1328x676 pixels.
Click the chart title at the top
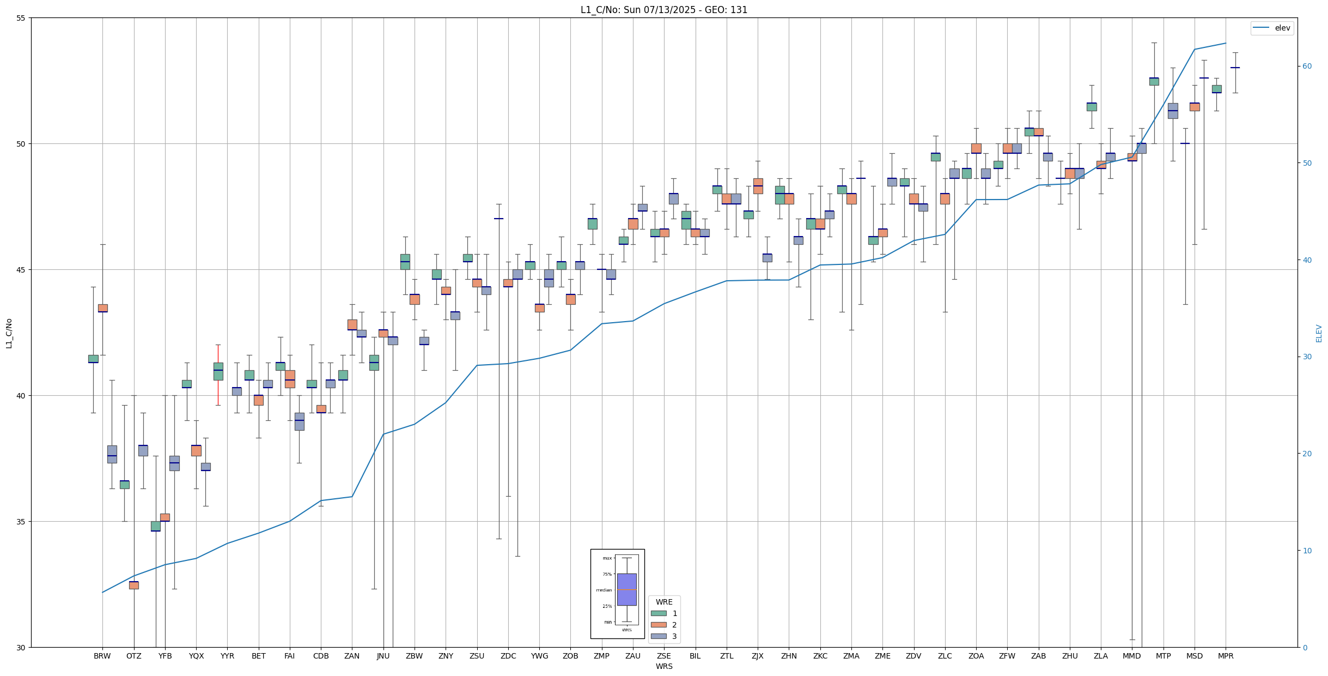[663, 10]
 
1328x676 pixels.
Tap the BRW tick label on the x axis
[102, 656]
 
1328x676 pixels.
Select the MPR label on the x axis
[1226, 656]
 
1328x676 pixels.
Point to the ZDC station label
[508, 656]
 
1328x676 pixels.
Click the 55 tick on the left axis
[21, 18]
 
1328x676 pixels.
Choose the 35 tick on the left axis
[21, 522]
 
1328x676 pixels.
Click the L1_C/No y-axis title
[9, 333]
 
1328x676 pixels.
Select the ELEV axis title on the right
[1319, 333]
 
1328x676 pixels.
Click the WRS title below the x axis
[663, 666]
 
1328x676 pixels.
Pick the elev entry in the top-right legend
[1272, 28]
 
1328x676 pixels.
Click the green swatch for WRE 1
[659, 613]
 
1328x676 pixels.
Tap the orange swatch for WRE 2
[659, 625]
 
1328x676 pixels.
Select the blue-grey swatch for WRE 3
[659, 636]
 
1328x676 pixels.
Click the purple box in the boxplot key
[626, 589]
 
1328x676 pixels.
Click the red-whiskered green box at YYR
[218, 371]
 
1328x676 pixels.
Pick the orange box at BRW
[102, 308]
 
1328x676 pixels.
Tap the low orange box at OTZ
[133, 585]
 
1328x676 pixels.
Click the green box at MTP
[1154, 81]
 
